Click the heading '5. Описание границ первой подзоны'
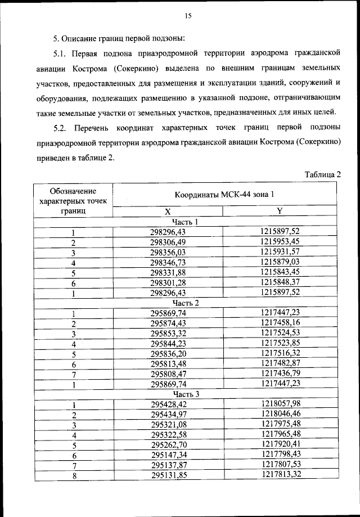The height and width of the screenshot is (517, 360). [119, 39]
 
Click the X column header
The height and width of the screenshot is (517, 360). [168, 212]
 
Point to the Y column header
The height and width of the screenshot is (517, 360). [280, 211]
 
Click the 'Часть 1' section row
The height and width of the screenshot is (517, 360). [186, 222]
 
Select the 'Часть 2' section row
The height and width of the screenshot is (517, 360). [186, 303]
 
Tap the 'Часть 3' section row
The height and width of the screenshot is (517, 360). [186, 394]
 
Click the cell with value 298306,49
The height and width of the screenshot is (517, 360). [168, 242]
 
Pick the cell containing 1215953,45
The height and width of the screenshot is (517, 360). [280, 242]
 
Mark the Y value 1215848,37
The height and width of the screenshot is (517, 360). [280, 282]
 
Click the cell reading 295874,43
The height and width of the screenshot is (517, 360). [168, 323]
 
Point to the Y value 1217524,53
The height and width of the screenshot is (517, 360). [280, 333]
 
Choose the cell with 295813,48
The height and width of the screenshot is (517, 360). [168, 363]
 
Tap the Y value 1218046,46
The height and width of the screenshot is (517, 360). [280, 414]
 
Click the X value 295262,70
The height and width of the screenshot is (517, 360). [168, 444]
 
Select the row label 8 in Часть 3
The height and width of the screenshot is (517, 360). [73, 475]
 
